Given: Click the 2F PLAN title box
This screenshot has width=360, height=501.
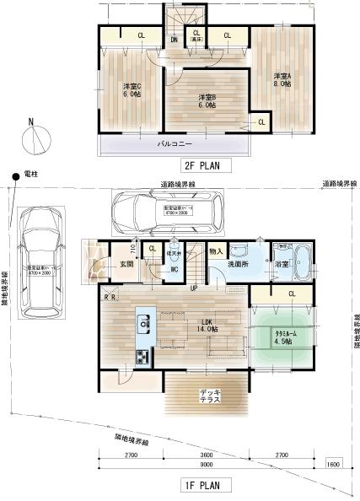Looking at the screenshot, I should (x=199, y=166).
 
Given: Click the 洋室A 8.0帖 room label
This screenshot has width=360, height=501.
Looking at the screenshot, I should (x=281, y=80).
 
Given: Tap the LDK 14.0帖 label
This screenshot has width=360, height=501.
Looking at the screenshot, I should (x=206, y=325).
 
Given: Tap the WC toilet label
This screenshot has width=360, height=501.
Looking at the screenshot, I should (x=172, y=269).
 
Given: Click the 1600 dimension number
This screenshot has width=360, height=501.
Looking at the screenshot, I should (x=334, y=463).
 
